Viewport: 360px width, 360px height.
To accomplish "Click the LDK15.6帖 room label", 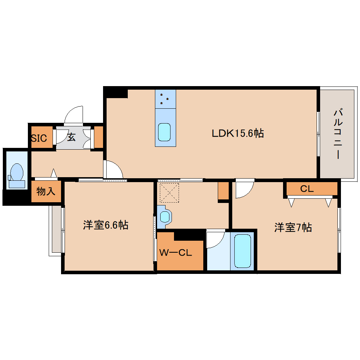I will [238, 133].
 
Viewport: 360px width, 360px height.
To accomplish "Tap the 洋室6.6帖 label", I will [106, 225].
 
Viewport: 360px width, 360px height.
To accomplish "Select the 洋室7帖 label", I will [293, 228].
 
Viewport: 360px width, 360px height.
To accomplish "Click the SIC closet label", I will [39, 138].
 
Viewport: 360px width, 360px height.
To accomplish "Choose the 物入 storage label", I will [46, 191].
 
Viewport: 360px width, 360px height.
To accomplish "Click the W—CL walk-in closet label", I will [175, 253].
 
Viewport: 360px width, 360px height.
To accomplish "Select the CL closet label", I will [307, 189].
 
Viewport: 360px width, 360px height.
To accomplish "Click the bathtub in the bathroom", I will [242, 251].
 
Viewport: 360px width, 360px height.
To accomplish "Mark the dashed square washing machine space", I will [169, 193].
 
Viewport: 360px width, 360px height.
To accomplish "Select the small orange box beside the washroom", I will [223, 191].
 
